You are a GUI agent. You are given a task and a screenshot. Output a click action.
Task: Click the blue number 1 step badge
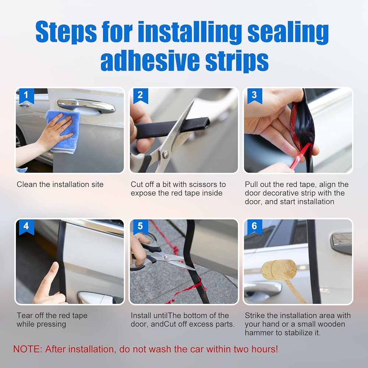(x=26, y=96)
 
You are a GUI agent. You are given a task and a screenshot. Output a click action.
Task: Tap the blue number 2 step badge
(x=140, y=96)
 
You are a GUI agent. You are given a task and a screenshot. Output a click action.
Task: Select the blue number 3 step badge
(x=254, y=96)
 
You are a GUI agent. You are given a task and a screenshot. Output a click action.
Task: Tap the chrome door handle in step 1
(x=86, y=106)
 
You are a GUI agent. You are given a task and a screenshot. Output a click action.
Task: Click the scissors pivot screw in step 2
(x=166, y=154)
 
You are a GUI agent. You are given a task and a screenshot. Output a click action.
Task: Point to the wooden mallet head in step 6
(x=279, y=269)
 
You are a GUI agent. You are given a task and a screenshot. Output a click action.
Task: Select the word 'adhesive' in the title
(x=150, y=60)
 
